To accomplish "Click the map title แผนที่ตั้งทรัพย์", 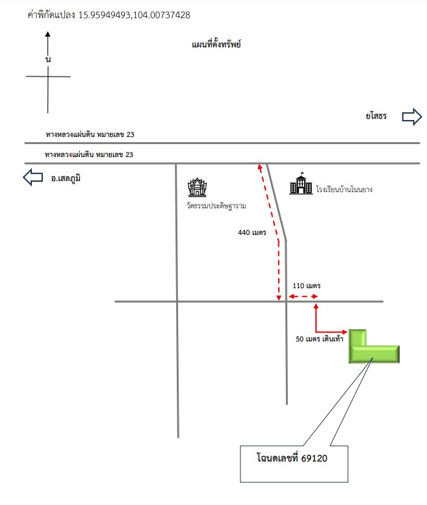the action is click(x=216, y=44).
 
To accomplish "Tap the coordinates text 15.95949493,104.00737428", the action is click(x=134, y=15).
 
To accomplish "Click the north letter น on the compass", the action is click(x=48, y=59).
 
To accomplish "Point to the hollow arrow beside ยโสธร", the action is click(x=412, y=117).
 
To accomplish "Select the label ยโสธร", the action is click(x=376, y=116).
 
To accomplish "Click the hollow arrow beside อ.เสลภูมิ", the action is click(x=33, y=177).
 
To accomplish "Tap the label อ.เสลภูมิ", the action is click(x=66, y=178).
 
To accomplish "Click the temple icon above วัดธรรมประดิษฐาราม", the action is click(x=197, y=187).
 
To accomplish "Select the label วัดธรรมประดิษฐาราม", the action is click(x=216, y=206).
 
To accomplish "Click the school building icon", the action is click(x=301, y=184).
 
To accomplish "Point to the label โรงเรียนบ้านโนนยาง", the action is click(x=344, y=190).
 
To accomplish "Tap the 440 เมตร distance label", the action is click(x=252, y=232).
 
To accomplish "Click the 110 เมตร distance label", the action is click(x=307, y=286).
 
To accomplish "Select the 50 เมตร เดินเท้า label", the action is click(x=320, y=339).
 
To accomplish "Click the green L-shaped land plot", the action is click(x=374, y=354).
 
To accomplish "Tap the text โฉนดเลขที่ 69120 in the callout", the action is click(x=292, y=458).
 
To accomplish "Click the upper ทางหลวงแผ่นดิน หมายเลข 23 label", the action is click(x=90, y=134).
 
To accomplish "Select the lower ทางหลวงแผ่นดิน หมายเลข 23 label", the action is click(x=89, y=154).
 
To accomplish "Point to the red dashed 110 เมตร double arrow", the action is click(x=303, y=296).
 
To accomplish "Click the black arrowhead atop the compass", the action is click(x=47, y=34).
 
